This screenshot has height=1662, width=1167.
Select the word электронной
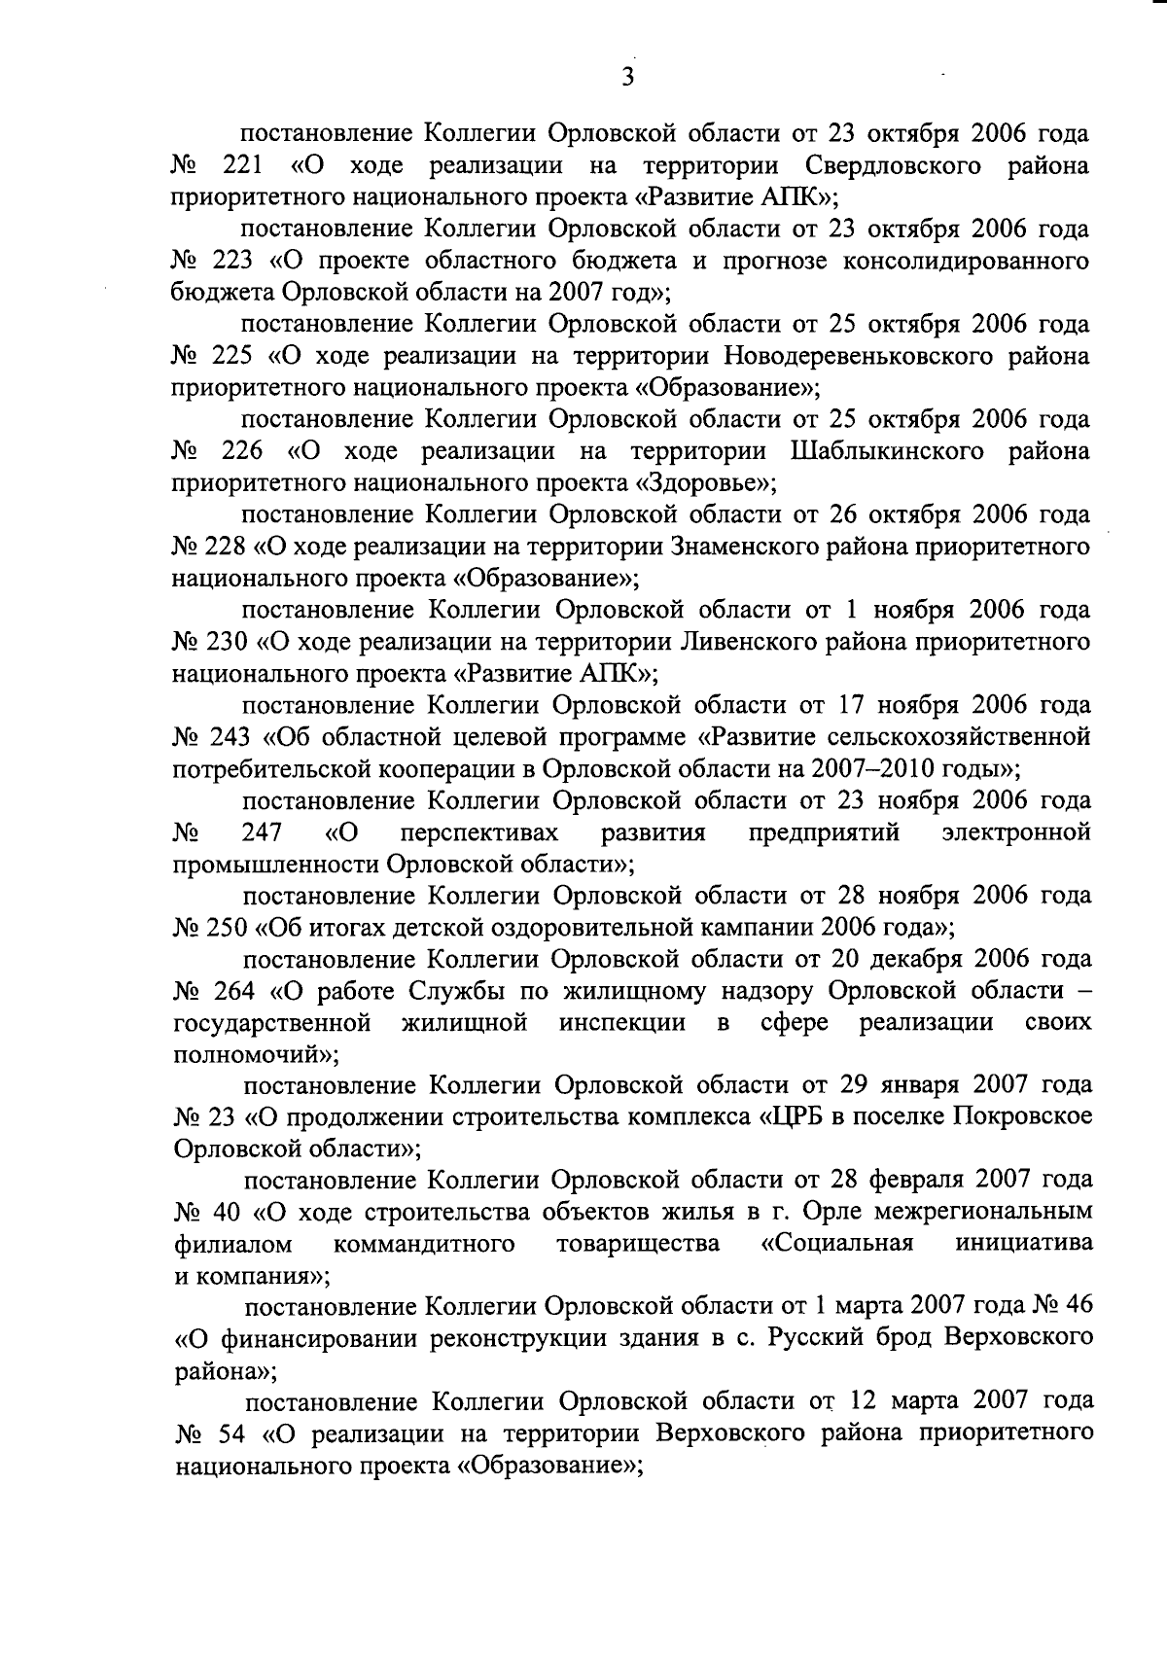tap(1016, 832)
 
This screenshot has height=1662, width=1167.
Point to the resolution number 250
tap(230, 927)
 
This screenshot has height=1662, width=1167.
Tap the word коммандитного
tap(424, 1244)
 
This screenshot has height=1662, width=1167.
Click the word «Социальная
tap(836, 1244)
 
